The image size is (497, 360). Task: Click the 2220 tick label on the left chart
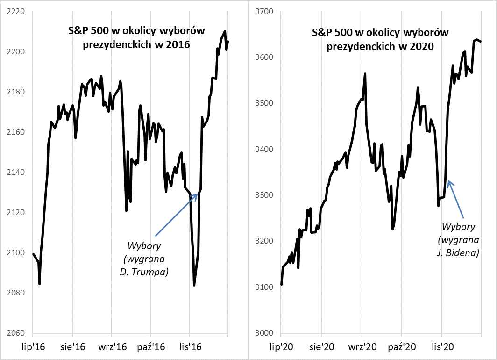click(x=14, y=11)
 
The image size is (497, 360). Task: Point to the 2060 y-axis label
click(x=14, y=333)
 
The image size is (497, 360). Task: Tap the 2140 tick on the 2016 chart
click(x=14, y=173)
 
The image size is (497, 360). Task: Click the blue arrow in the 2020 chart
click(x=455, y=199)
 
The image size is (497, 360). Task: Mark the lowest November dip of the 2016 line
click(x=194, y=285)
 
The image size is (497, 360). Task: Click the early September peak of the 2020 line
click(x=365, y=74)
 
